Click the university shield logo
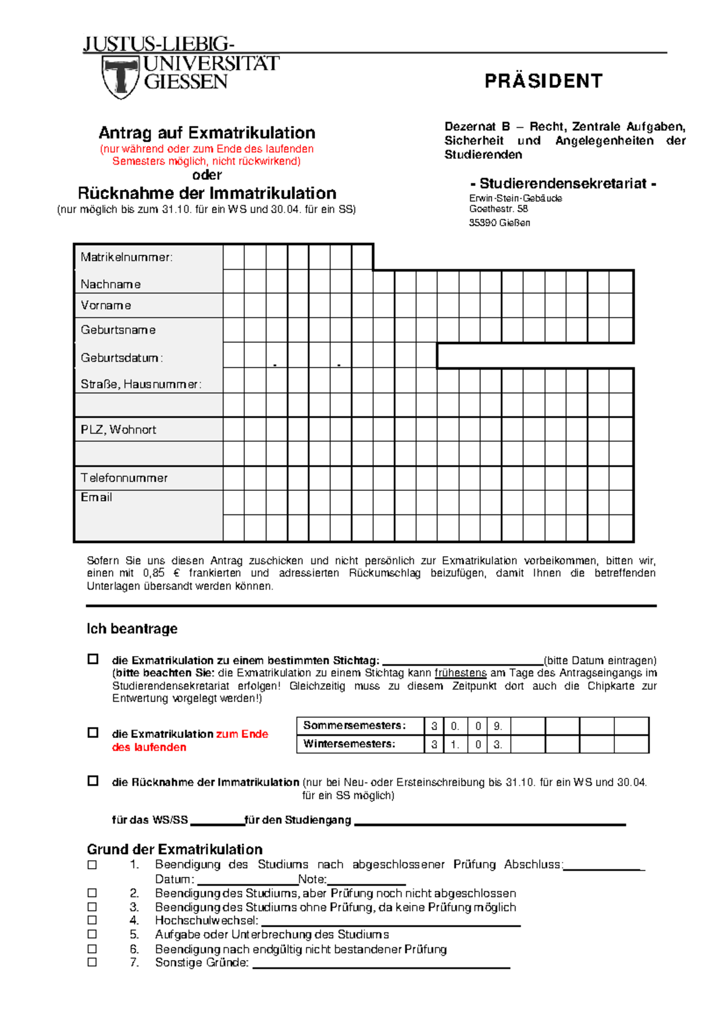click(x=121, y=77)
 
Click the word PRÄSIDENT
click(x=543, y=81)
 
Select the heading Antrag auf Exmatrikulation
click(x=207, y=133)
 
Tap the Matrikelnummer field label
click(x=127, y=257)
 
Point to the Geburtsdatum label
click(x=121, y=358)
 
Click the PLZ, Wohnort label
click(x=119, y=430)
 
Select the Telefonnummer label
click(x=124, y=478)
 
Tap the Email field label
click(x=96, y=498)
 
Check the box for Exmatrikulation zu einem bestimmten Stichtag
click(x=93, y=659)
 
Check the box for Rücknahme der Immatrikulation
click(x=93, y=781)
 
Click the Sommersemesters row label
click(x=354, y=726)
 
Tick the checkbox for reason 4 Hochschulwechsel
click(x=92, y=920)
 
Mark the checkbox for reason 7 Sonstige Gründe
click(x=92, y=962)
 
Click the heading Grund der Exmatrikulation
click(x=174, y=849)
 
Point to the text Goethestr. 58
click(x=499, y=209)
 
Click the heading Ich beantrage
click(x=132, y=629)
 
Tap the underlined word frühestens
click(x=460, y=673)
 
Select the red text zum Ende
click(x=242, y=734)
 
